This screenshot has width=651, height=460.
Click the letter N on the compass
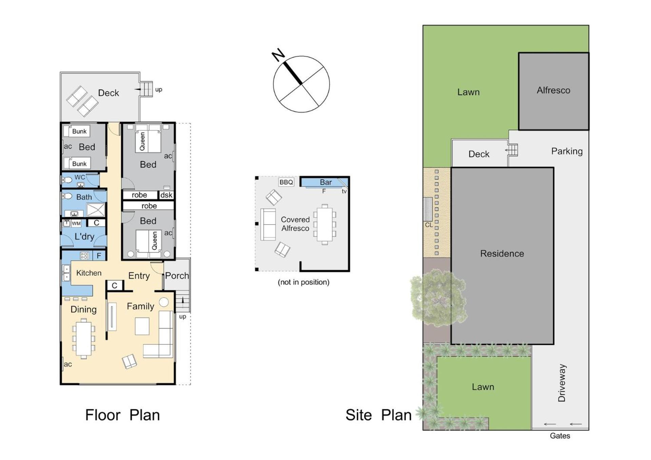[x=278, y=55]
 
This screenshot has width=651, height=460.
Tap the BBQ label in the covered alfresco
[x=286, y=182]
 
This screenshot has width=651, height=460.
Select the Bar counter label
[x=326, y=182]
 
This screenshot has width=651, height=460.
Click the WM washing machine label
[x=76, y=223]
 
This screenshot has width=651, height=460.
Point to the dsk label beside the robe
[x=166, y=195]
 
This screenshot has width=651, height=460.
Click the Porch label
[x=177, y=276]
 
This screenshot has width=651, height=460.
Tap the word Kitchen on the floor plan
[x=89, y=273]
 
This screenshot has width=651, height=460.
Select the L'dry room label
[x=84, y=237]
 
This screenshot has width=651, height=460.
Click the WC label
[x=80, y=177]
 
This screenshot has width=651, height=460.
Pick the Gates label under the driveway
[x=560, y=436]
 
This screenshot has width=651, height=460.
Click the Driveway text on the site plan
[x=562, y=383]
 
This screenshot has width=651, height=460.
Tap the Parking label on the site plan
[x=567, y=151]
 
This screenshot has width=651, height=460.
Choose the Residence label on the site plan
[x=502, y=254]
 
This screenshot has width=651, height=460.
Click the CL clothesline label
[x=429, y=225]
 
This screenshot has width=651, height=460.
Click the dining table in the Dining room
[x=84, y=338]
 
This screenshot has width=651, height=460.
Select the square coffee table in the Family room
[x=142, y=326]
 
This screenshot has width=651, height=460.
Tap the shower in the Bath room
[x=96, y=210]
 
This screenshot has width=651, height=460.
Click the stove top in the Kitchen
[x=84, y=256]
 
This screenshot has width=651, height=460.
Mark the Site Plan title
[x=378, y=415]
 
